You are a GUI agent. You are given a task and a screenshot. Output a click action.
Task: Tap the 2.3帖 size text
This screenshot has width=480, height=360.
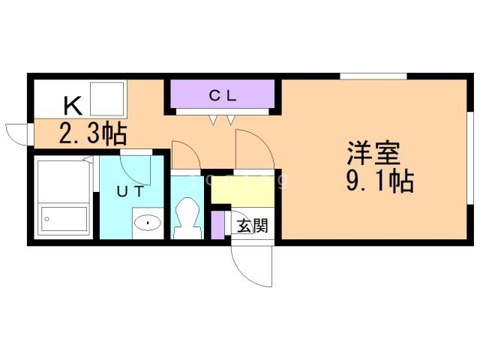pos(92,134)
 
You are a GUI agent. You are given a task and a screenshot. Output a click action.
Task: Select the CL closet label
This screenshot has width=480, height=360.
pos(223,95)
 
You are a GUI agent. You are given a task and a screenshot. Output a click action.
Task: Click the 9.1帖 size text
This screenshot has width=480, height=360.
pos(380,182)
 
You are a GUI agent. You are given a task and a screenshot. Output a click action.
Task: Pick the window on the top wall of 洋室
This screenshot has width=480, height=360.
pos(373,76)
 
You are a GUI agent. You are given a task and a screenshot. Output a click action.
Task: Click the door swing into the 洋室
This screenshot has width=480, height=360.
pos(253,150)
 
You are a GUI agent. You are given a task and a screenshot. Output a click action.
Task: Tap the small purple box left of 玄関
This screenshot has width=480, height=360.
pos(217,225)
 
